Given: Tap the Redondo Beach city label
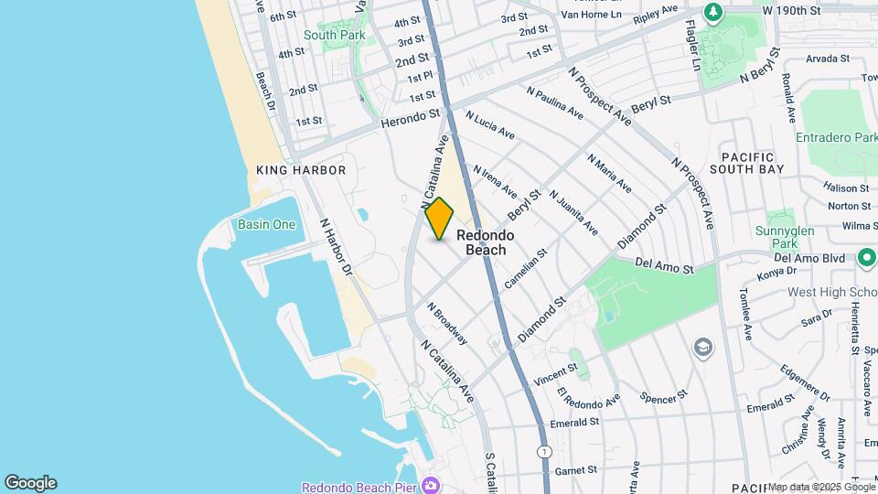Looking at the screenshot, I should [x=486, y=242].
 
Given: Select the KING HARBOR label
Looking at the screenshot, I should [x=301, y=170].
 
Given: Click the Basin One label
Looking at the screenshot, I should [x=266, y=224].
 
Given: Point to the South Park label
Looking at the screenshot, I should [x=335, y=35].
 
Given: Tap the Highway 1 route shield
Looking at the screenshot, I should [x=546, y=452].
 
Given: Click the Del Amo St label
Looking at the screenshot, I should [x=665, y=264].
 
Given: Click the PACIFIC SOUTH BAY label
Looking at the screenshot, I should [x=752, y=163].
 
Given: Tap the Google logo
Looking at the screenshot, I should [x=30, y=483].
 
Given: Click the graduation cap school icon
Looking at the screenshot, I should [x=702, y=347].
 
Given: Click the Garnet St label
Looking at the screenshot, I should [x=579, y=470].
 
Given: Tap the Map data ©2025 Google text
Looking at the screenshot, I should [x=820, y=487].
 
